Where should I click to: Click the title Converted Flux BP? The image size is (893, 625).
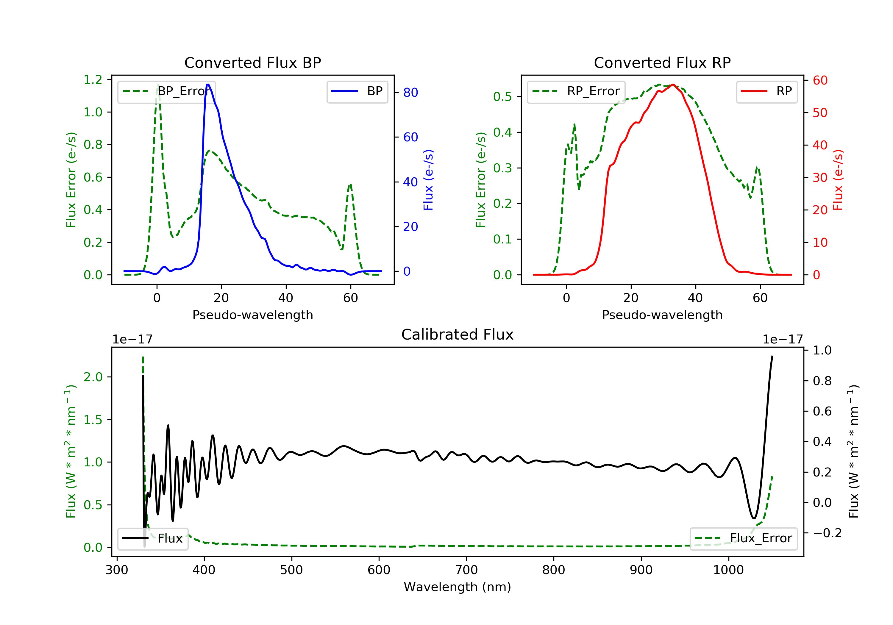252,62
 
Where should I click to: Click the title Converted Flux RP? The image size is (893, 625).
662,62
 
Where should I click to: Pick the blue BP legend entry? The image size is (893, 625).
357,91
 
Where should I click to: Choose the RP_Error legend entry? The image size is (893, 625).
576,91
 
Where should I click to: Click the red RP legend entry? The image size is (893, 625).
766,91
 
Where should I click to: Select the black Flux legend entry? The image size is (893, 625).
152,538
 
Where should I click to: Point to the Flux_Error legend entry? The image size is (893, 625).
743,538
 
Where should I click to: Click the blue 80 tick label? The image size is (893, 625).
410,93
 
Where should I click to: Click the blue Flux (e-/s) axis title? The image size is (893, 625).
428,180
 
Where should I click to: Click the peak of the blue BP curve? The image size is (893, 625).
208,85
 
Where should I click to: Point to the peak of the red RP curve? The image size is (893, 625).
673,85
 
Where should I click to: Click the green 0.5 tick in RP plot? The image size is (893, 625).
502,96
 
